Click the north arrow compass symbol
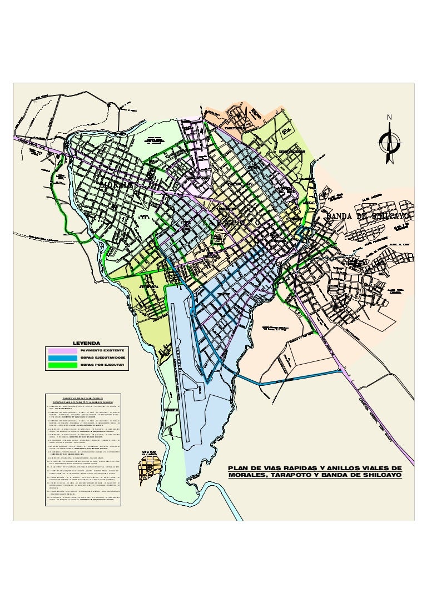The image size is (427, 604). click(390, 142)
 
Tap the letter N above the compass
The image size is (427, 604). click(390, 117)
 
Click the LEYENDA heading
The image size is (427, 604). click(86, 343)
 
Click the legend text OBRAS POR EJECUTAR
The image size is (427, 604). click(102, 365)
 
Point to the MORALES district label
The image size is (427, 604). click(118, 185)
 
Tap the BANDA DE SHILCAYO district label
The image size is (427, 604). click(368, 215)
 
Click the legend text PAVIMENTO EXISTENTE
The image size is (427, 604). click(102, 351)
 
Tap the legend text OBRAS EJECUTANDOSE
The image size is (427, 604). click(102, 358)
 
